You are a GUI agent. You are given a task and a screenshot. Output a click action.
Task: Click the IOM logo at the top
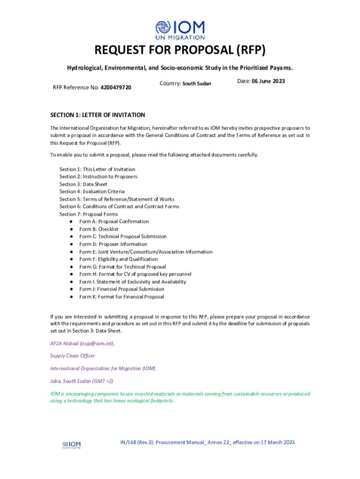(x=180, y=30)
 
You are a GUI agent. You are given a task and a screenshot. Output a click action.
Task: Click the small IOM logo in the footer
(x=72, y=445)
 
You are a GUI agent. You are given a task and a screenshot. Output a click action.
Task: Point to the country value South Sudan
(x=196, y=84)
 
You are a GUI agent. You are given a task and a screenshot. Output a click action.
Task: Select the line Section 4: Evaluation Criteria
(x=92, y=192)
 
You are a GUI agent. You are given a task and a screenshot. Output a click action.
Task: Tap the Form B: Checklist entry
(x=99, y=229)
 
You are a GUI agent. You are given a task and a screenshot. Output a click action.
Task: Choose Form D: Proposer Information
(x=113, y=244)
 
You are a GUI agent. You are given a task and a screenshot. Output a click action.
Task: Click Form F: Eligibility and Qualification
(x=118, y=259)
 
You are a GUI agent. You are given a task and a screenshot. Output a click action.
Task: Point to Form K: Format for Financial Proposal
(x=122, y=297)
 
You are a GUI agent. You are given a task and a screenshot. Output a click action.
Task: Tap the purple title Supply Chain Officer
(x=72, y=356)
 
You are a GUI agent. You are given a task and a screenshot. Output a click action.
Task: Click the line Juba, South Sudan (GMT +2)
(x=82, y=381)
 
